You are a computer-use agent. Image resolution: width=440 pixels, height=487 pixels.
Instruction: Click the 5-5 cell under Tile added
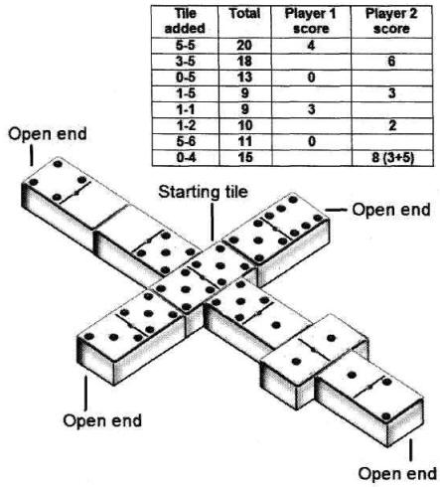pos(186,45)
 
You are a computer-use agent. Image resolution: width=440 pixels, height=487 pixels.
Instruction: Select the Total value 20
pos(244,45)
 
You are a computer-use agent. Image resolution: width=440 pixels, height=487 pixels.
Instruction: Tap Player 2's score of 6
pos(391,62)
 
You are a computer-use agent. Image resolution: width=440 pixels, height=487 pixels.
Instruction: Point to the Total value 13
pos(244,78)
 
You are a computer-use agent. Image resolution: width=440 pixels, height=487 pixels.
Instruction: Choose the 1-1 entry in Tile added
pos(186,109)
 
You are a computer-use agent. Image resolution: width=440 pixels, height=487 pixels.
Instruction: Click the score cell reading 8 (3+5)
pos(392,158)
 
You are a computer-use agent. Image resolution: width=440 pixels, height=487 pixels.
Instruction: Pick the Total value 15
pos(244,157)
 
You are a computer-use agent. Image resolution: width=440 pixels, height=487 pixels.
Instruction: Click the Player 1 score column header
pos(311,21)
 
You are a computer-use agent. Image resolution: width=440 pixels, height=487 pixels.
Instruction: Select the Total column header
pos(244,14)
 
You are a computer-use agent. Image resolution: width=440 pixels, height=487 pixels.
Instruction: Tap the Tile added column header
pos(185,21)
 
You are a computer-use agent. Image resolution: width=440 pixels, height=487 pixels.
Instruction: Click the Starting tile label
pos(203,192)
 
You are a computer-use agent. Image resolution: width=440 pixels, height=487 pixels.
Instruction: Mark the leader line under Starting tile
pos(213,222)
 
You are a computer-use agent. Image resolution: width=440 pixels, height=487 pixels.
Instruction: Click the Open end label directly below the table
pos(391,210)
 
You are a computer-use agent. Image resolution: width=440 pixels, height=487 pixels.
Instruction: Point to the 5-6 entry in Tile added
pos(186,141)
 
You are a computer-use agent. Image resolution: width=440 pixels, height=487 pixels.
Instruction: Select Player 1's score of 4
pos(311,45)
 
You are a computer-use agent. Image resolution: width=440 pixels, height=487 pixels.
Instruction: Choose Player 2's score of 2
pos(392,125)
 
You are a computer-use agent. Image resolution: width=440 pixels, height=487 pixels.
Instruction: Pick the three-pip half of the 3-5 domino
pos(113,338)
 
